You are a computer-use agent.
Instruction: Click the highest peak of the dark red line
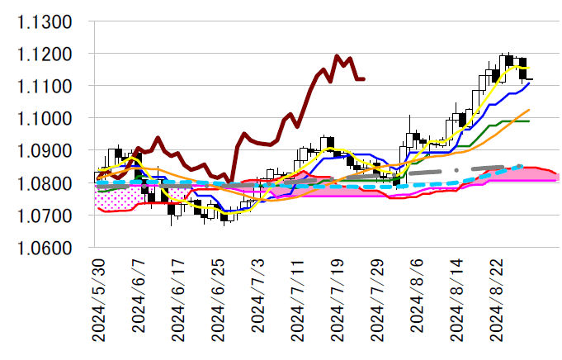click(x=338, y=56)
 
